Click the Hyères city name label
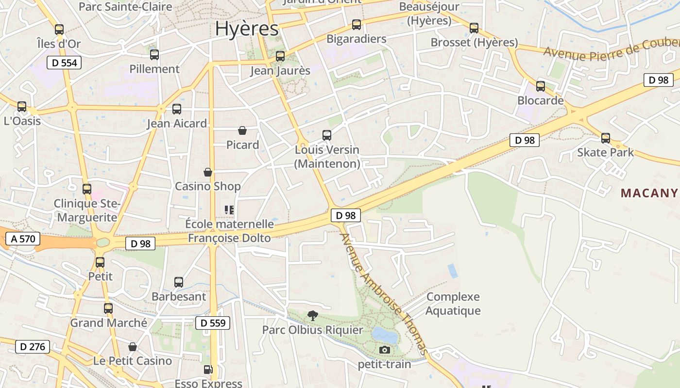pyautogui.click(x=247, y=29)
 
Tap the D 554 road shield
pyautogui.click(x=64, y=63)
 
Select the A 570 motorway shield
pyautogui.click(x=23, y=238)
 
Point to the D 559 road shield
pyautogui.click(x=213, y=323)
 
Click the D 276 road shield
pyautogui.click(x=33, y=347)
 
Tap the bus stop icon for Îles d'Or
pyautogui.click(x=59, y=30)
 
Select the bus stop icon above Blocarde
pyautogui.click(x=541, y=86)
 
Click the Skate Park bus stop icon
pyautogui.click(x=606, y=138)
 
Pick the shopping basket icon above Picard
pyautogui.click(x=242, y=130)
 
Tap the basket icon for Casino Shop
pyautogui.click(x=208, y=172)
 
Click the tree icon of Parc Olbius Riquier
pyautogui.click(x=313, y=316)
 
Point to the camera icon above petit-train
pyautogui.click(x=385, y=350)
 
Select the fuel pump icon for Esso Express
pyautogui.click(x=208, y=370)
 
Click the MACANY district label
pyautogui.click(x=649, y=193)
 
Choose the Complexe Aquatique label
pyautogui.click(x=453, y=304)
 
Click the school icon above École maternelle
pyautogui.click(x=229, y=210)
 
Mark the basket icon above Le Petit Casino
pyautogui.click(x=133, y=347)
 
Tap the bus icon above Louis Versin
pyautogui.click(x=327, y=135)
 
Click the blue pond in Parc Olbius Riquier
pyautogui.click(x=384, y=334)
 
